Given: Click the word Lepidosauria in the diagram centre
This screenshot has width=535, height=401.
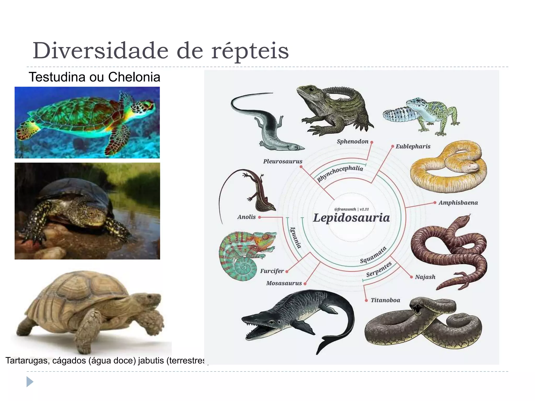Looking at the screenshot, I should point(351,218).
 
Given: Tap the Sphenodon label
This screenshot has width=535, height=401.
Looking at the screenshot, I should point(352,141).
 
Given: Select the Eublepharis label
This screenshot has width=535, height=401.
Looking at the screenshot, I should point(413,146).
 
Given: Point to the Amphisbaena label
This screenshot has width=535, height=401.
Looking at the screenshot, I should point(458,203).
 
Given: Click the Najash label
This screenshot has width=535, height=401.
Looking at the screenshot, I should point(425,277).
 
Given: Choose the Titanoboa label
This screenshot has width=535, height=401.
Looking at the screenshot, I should point(385,300).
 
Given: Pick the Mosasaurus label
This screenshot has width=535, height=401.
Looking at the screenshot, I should point(284,283).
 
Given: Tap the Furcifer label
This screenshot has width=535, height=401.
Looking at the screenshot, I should point(272,271).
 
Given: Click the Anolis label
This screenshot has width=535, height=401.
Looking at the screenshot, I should point(246,217).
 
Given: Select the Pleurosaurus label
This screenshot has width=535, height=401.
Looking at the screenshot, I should point(283,161).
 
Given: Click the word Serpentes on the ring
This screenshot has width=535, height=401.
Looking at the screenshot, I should point(379,269).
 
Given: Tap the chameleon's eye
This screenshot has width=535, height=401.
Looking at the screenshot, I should point(266,237).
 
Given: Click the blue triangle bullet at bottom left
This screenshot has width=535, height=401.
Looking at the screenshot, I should point(30,382).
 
